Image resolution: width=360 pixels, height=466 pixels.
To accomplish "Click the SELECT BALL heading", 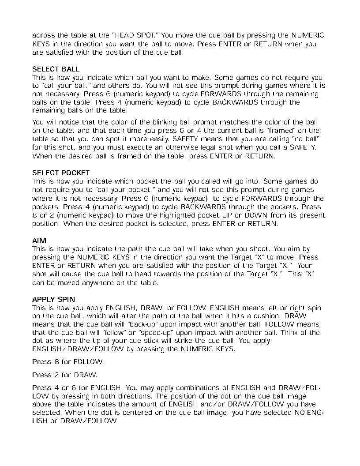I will point(56,69).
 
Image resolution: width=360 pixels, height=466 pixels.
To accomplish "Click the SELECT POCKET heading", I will point(61,173).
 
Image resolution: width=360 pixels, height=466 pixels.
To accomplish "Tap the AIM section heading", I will point(39,241).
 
